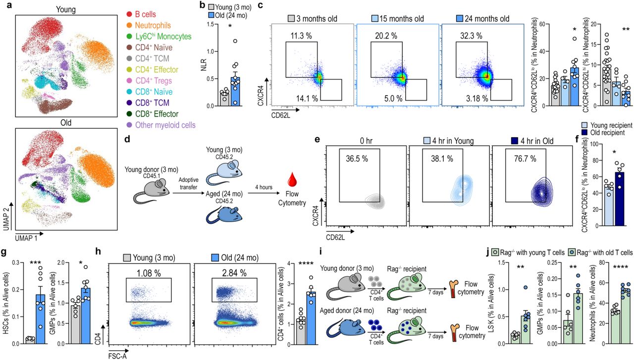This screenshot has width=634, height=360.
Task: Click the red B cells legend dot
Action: point(129,15)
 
